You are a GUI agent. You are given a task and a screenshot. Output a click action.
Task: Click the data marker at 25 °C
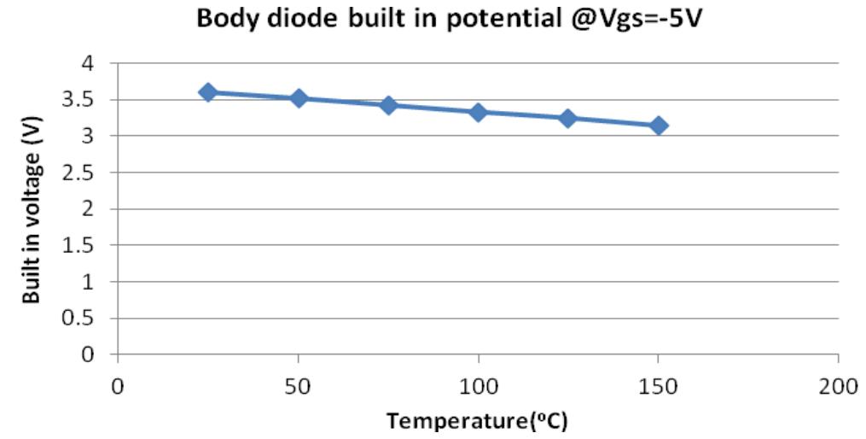point(208,92)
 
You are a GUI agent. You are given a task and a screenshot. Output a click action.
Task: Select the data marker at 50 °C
point(299,98)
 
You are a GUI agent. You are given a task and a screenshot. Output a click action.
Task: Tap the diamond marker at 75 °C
point(388,105)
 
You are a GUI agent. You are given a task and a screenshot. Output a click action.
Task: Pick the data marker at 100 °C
point(479,112)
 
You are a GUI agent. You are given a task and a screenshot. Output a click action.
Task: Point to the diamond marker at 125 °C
point(568,119)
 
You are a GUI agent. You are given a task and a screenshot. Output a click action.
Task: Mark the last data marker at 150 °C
point(659,126)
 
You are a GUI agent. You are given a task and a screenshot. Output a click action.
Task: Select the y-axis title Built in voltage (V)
point(32,208)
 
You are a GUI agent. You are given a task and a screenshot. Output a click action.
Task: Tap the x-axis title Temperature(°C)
point(477,421)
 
